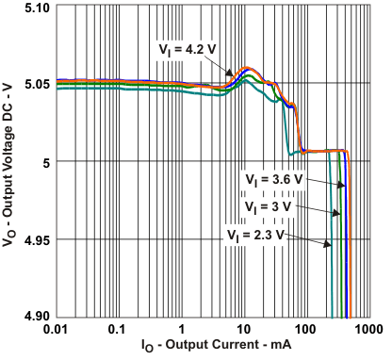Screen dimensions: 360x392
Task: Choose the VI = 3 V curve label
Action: (270, 205)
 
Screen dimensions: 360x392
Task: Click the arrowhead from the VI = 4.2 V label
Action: (232, 74)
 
